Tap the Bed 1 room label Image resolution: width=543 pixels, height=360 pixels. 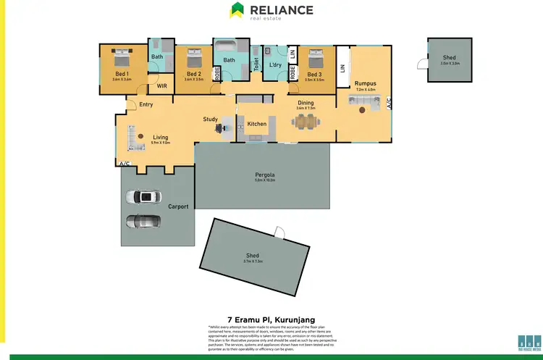tap(121, 74)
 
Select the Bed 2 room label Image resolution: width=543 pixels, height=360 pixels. tap(193, 74)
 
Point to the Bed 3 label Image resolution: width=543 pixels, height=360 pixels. tap(313, 74)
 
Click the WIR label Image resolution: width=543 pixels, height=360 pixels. tap(162, 86)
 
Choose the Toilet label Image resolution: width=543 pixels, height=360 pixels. tap(256, 64)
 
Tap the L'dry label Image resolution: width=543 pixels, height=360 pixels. tap(274, 66)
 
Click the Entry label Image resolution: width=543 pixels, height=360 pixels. tap(146, 104)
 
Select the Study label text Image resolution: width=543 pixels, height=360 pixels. tap(211, 120)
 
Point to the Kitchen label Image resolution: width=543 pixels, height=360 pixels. tap(257, 124)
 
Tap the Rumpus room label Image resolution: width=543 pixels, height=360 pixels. tap(364, 83)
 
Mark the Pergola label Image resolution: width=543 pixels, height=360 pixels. tap(264, 175)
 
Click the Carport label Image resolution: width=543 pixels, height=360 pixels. tap(178, 206)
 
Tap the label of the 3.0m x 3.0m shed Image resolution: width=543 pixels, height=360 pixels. tap(450, 57)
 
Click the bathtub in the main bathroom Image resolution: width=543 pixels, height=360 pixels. tap(230, 47)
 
